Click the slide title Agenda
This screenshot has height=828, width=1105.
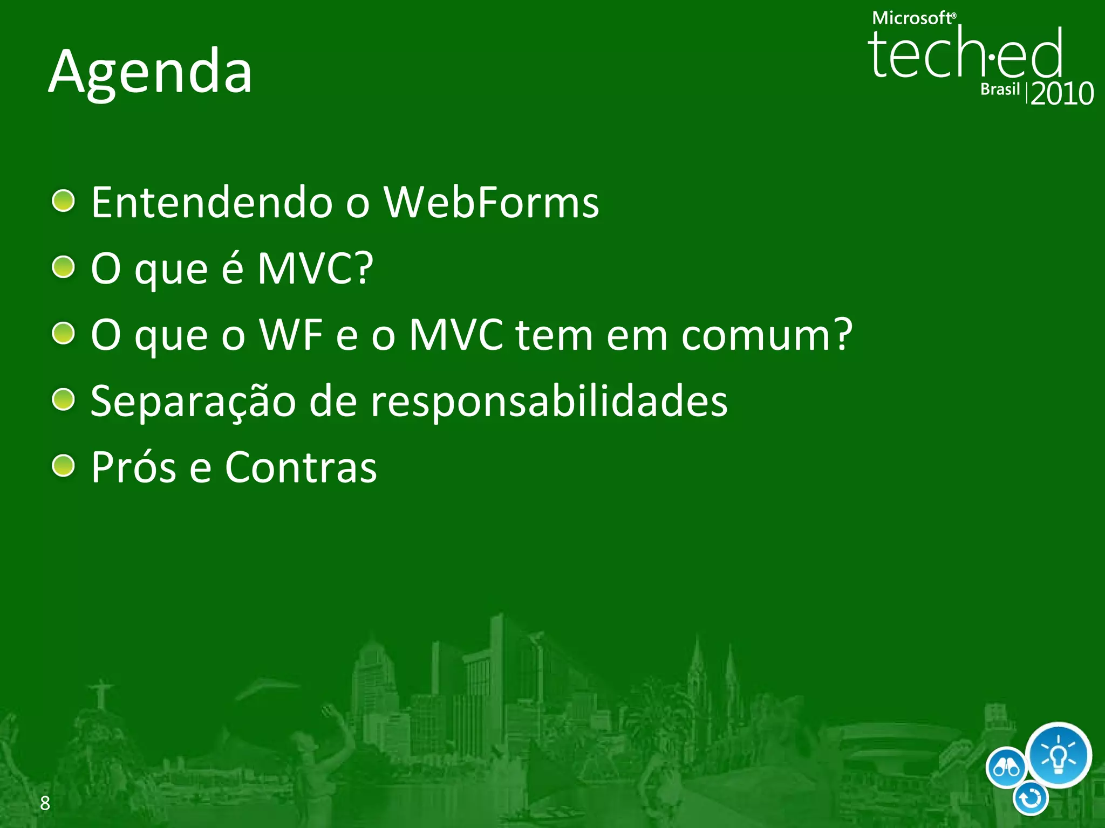coord(151,72)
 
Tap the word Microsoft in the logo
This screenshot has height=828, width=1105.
coord(912,18)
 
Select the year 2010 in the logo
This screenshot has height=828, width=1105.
coord(1062,94)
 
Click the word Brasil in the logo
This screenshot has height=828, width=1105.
coord(1000,89)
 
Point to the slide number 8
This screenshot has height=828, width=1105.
coord(45,803)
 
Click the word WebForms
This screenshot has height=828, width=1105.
coord(491,203)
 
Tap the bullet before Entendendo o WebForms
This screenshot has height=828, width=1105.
coord(64,201)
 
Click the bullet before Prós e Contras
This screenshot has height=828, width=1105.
coord(64,466)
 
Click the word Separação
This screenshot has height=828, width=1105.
coord(193,402)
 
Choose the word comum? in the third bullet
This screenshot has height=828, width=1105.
coord(767,335)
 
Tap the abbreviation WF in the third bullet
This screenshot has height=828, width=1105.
coord(291,335)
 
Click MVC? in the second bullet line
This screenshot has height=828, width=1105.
coord(315,268)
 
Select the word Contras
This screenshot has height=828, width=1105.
coord(301,467)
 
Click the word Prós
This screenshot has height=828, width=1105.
coord(133,467)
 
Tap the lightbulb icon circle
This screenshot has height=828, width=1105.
coord(1058,755)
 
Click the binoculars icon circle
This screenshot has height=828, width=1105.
coord(1006,768)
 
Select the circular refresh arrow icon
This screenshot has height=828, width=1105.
coord(1031,799)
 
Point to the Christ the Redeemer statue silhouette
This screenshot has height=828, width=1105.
coord(102,695)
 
